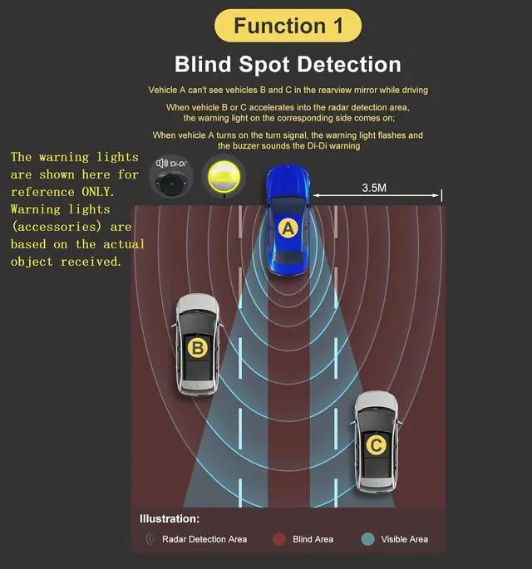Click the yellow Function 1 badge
(288, 25)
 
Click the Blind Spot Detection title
(288, 65)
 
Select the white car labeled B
(197, 344)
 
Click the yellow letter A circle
(288, 227)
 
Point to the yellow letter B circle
(197, 347)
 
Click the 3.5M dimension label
(374, 188)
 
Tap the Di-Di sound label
(172, 164)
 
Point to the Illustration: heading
(170, 519)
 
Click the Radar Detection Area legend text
(204, 539)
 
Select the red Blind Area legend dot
(279, 539)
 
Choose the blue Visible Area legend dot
(367, 539)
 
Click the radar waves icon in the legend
(150, 539)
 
